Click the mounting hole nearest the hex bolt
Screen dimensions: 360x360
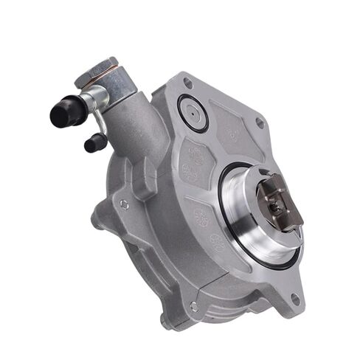[x=187, y=83]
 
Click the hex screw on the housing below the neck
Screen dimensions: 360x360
[x=124, y=204]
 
